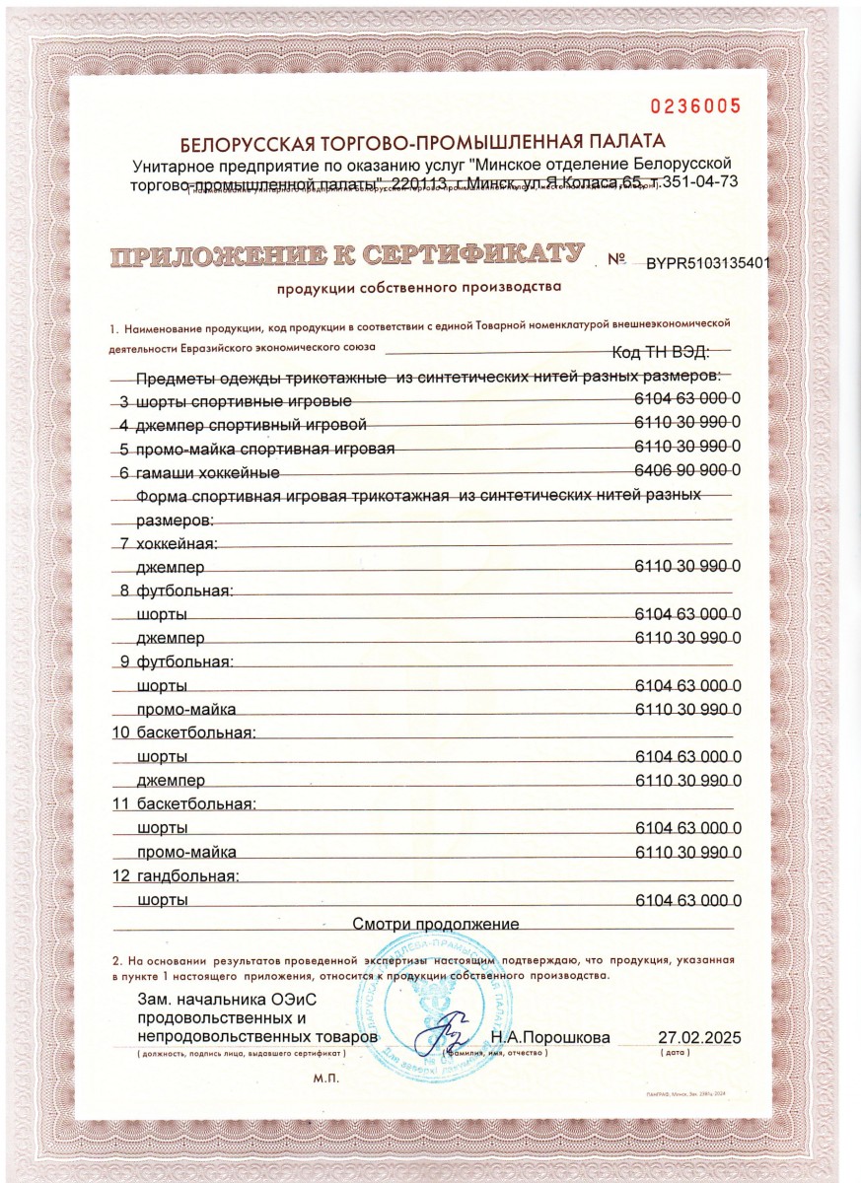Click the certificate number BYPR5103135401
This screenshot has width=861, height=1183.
[707, 263]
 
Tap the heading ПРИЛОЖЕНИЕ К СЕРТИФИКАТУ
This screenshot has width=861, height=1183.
[346, 255]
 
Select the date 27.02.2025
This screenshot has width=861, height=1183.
[698, 1038]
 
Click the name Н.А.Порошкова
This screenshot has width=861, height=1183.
[551, 1038]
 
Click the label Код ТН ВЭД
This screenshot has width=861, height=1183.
[659, 353]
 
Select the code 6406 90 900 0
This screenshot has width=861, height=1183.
[687, 471]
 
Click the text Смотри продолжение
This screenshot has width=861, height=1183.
[436, 924]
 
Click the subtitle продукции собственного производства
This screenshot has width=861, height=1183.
[418, 288]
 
